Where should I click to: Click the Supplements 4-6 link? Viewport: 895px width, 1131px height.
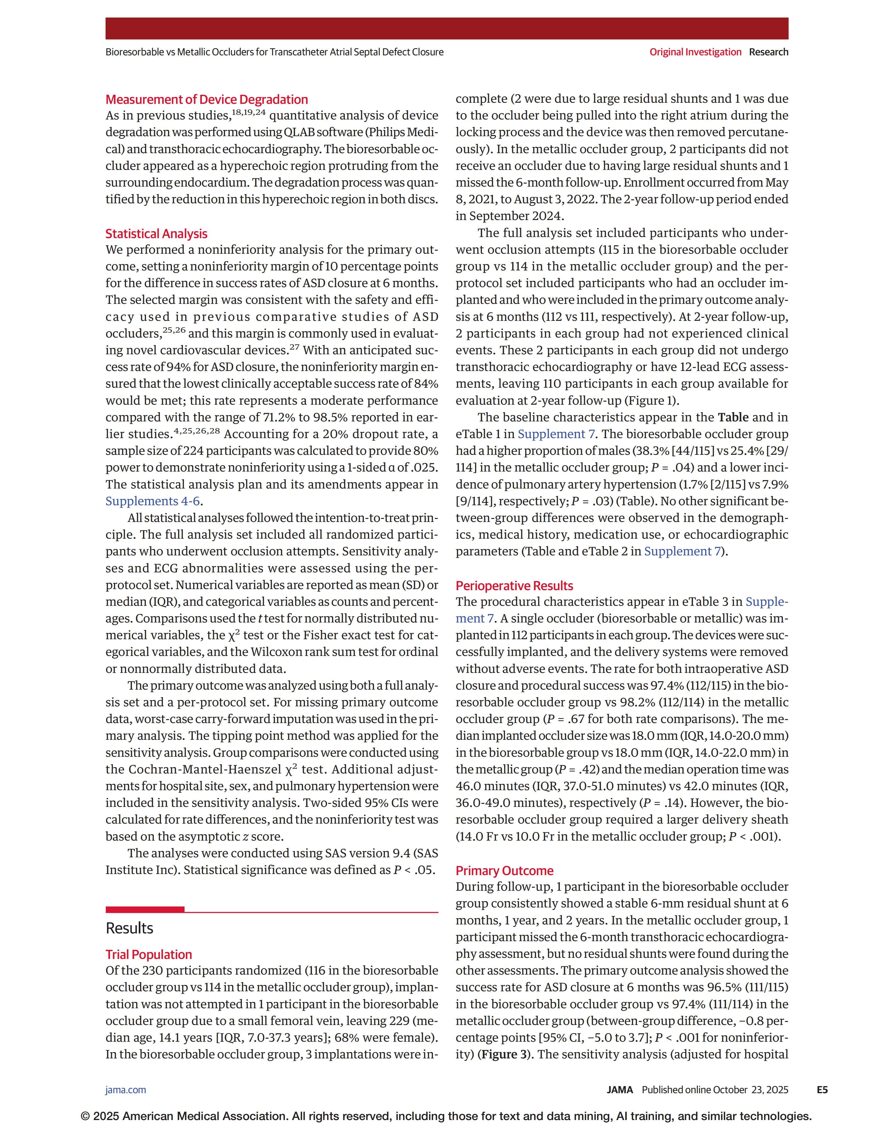[152, 501]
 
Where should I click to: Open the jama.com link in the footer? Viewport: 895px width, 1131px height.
[126, 1090]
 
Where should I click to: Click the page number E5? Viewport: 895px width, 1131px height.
[822, 1090]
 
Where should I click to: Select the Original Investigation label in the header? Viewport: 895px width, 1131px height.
[695, 52]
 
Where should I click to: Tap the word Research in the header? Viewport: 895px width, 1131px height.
[768, 52]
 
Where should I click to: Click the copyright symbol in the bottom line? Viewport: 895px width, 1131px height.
[85, 1116]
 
